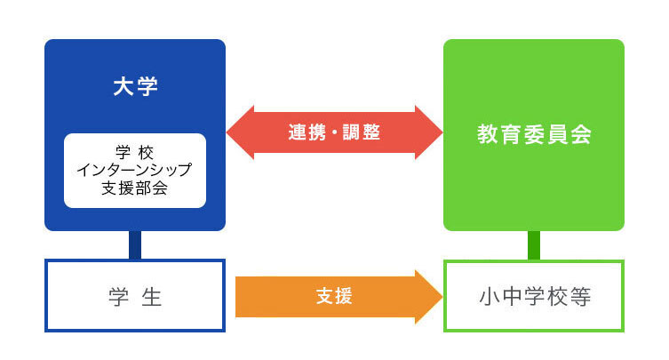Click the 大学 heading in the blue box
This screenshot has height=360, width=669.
click(x=135, y=86)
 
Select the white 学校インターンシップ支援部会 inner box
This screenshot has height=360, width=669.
click(x=135, y=170)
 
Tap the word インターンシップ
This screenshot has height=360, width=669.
click(x=135, y=170)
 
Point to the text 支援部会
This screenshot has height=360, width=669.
click(x=135, y=188)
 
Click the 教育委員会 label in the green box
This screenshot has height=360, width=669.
click(x=534, y=135)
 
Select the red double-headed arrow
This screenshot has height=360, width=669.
click(x=334, y=132)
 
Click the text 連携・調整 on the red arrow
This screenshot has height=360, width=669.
click(x=334, y=132)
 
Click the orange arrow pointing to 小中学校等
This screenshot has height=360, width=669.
click(x=338, y=296)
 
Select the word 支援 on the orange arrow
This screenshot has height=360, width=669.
click(x=334, y=296)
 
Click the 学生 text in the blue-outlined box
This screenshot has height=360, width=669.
click(x=135, y=296)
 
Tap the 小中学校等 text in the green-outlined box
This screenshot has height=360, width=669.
click(x=534, y=296)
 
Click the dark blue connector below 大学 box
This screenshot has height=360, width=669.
click(x=135, y=245)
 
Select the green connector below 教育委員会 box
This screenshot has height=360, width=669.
click(x=534, y=245)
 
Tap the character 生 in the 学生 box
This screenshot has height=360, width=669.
click(x=152, y=296)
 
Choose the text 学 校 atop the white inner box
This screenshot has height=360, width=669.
click(x=135, y=151)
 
